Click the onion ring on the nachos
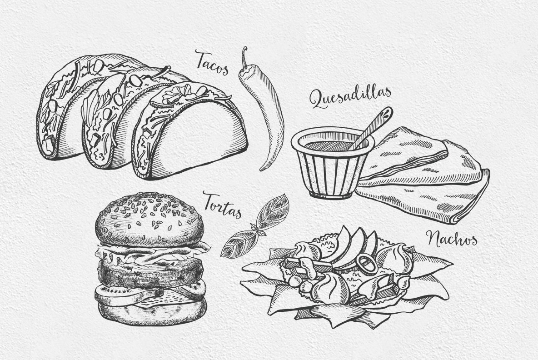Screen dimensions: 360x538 click(x=366, y=264)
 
